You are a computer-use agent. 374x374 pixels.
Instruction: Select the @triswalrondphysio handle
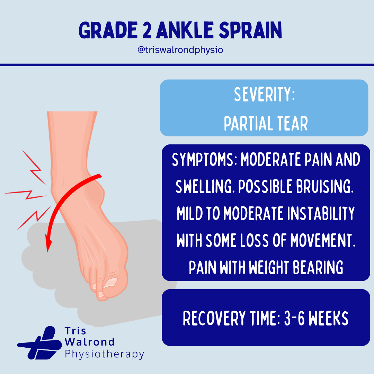tap(180, 50)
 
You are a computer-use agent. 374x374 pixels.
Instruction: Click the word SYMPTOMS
tap(203, 160)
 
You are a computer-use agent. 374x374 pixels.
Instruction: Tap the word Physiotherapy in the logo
tap(104, 354)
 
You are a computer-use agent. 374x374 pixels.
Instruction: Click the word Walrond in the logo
tap(90, 342)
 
